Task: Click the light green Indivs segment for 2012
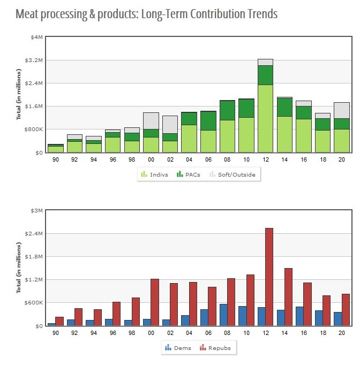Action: pos(265,118)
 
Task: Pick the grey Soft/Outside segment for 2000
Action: pos(151,120)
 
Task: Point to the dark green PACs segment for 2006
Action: pos(208,121)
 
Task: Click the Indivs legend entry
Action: pos(154,174)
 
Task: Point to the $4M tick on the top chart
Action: pos(36,37)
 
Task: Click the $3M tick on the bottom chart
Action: pos(36,210)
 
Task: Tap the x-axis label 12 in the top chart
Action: pos(265,159)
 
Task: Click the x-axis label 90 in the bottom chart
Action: pos(55,333)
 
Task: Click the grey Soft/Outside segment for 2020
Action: pos(342,110)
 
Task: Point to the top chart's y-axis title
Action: pos(19,95)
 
